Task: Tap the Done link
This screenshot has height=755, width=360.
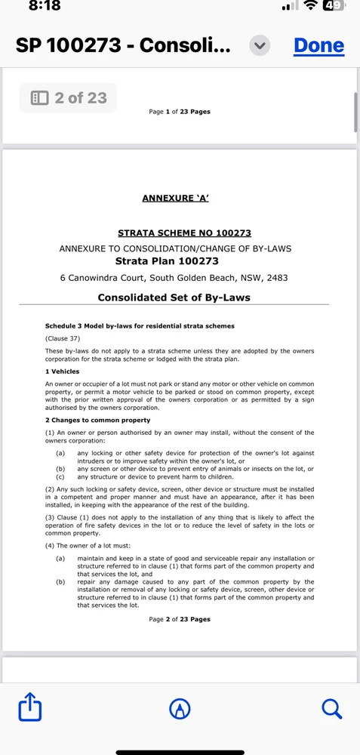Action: pyautogui.click(x=318, y=45)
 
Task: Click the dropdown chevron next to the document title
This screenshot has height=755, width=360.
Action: pyautogui.click(x=260, y=45)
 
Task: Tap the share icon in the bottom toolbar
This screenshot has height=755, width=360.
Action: pyautogui.click(x=29, y=708)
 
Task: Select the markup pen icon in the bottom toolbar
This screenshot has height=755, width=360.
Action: pyautogui.click(x=180, y=708)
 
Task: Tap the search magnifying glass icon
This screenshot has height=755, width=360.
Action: pyautogui.click(x=331, y=708)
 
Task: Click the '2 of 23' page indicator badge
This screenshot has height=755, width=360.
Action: pyautogui.click(x=69, y=98)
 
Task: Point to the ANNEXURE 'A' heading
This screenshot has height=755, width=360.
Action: pyautogui.click(x=175, y=199)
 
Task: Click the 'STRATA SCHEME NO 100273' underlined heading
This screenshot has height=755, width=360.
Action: pyautogui.click(x=184, y=233)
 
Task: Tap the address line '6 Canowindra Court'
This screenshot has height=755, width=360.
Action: pyautogui.click(x=174, y=278)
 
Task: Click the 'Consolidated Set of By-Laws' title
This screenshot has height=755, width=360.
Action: pyautogui.click(x=174, y=297)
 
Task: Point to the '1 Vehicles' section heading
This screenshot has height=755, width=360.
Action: pyautogui.click(x=63, y=372)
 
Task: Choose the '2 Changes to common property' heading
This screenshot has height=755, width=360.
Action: pyautogui.click(x=97, y=420)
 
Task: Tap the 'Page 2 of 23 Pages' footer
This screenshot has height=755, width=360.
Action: pyautogui.click(x=180, y=619)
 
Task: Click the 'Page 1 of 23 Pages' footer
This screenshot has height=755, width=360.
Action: pyautogui.click(x=180, y=112)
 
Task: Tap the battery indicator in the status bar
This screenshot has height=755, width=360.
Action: pyautogui.click(x=333, y=6)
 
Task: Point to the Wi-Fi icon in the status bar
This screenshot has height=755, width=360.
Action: pyautogui.click(x=309, y=6)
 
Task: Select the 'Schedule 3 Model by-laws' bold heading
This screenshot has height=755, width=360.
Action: pyautogui.click(x=140, y=326)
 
